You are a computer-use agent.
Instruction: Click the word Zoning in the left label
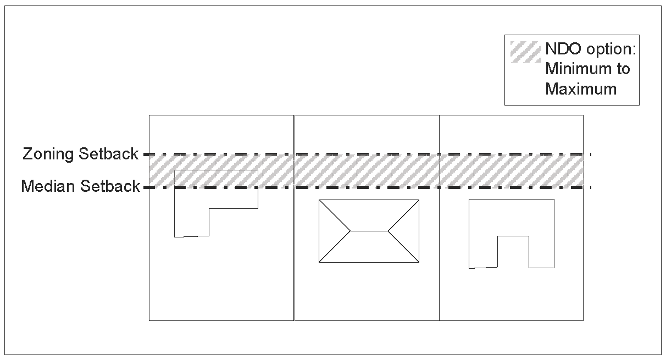point(48,154)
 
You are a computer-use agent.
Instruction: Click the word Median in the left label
point(48,187)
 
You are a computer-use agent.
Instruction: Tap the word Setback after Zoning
point(108,154)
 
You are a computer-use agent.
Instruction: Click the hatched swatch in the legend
point(525,52)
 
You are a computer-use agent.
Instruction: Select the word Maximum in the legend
point(581,89)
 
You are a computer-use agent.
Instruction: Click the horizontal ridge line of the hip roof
point(369,231)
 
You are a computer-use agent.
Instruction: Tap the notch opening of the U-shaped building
point(513,252)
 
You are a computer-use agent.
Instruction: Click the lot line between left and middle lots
point(295,247)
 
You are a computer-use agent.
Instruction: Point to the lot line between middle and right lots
point(440,247)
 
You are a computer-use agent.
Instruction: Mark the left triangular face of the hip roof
point(331,231)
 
